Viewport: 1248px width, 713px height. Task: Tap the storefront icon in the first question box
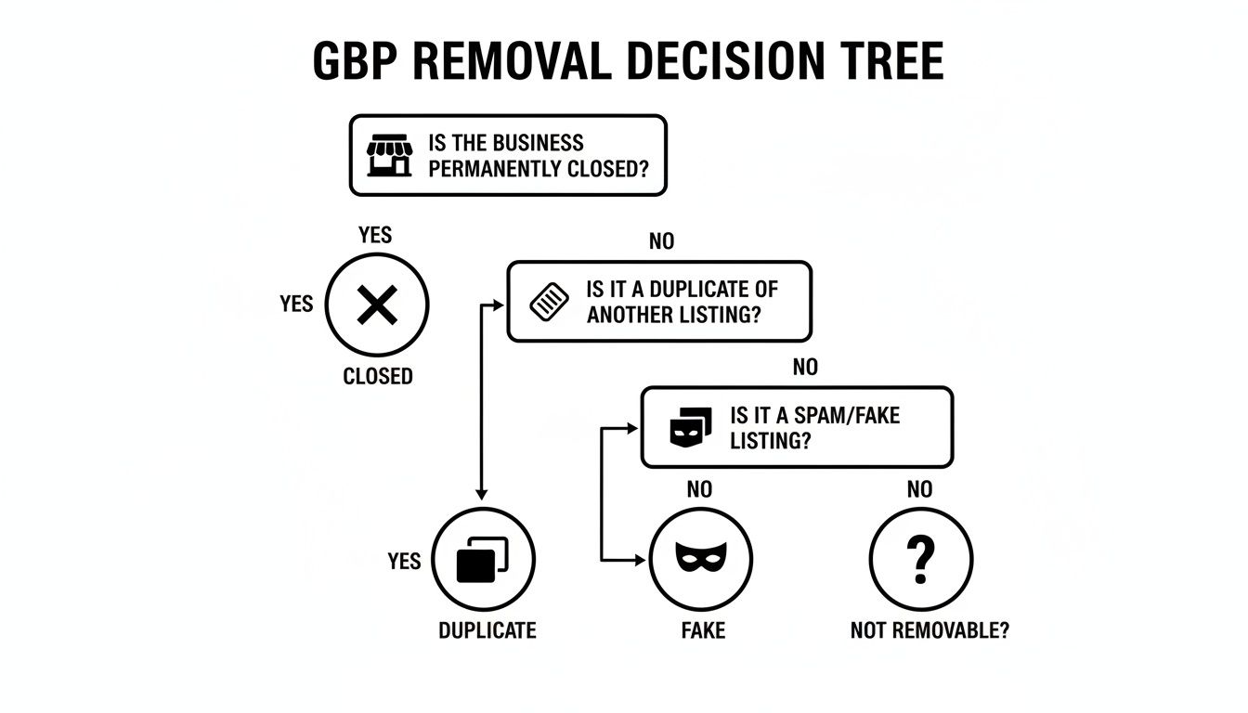(389, 155)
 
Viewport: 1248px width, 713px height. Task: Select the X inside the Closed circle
(376, 305)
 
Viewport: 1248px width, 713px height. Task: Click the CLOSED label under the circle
(378, 377)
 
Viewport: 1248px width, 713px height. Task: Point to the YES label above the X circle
(375, 235)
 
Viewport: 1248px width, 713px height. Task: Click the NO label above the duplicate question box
(661, 241)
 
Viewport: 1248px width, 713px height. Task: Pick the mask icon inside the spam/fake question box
(690, 427)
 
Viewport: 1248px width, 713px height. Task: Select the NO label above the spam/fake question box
(805, 368)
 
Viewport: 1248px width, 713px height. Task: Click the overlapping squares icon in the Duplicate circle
(483, 560)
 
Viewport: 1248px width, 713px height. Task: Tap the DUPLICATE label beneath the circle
(487, 630)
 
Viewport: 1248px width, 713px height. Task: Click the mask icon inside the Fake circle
(701, 559)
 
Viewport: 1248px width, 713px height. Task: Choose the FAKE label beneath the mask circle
(702, 630)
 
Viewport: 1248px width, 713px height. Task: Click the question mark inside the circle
(920, 559)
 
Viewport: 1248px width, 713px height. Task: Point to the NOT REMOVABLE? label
(929, 630)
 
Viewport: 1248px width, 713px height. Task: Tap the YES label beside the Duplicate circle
(404, 562)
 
